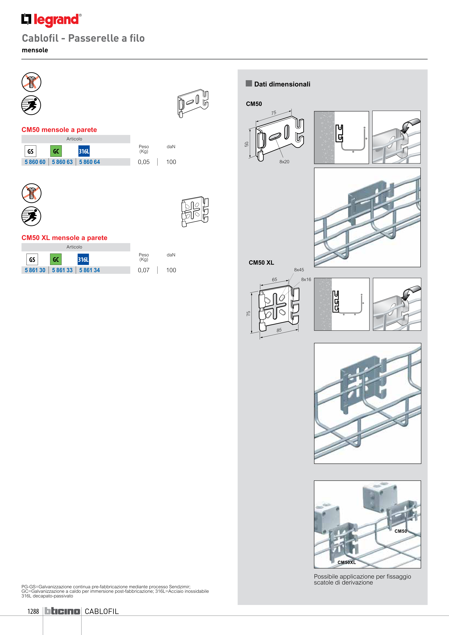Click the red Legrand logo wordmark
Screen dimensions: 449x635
click(56, 20)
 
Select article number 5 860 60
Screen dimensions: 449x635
click(35, 162)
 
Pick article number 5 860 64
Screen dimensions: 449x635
click(89, 162)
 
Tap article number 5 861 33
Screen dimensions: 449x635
click(62, 270)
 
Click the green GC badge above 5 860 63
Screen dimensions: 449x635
click(56, 151)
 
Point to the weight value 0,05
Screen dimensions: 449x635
click(143, 162)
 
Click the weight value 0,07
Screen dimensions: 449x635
click(143, 270)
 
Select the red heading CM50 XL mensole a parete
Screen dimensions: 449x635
click(64, 238)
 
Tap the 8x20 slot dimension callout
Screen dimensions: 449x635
click(284, 162)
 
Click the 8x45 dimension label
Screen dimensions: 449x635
click(299, 270)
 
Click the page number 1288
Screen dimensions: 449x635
click(33, 611)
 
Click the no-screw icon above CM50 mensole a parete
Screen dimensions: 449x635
click(31, 82)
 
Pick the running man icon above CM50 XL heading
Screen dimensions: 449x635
click(31, 216)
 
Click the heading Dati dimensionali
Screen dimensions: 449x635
click(282, 84)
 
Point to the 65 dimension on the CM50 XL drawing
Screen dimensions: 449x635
click(274, 280)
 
